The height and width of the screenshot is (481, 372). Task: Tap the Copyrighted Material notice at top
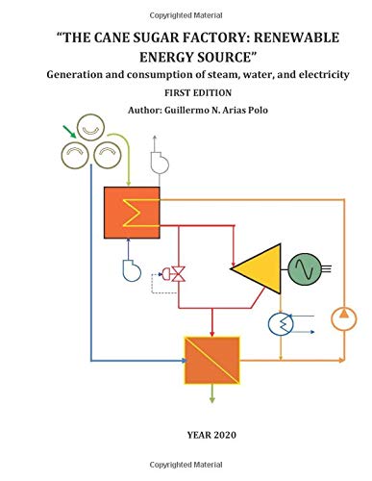186,8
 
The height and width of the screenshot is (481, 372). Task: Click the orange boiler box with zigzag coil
132,211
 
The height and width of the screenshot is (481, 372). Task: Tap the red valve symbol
177,274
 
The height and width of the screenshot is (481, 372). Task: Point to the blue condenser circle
281,324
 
